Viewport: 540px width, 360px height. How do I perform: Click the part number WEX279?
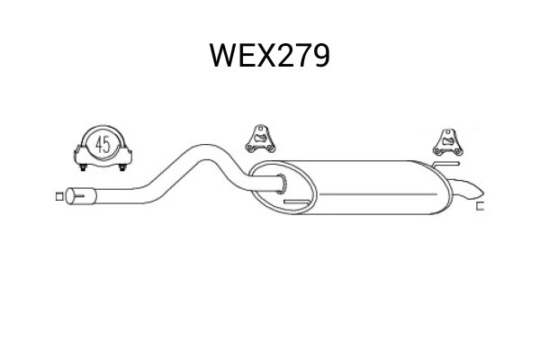269,57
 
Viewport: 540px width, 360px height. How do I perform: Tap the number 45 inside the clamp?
102,144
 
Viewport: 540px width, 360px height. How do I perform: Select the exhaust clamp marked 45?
102,149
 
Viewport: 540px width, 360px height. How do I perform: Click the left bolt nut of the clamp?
83,166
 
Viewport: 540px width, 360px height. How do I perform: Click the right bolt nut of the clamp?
121,166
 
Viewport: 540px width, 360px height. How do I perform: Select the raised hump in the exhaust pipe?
202,148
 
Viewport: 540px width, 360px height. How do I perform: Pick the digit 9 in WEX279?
319,57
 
